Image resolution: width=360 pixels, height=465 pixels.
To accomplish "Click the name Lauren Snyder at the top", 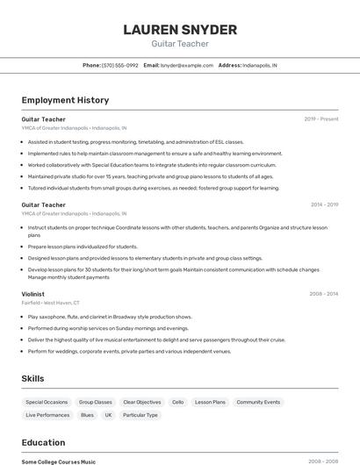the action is pyautogui.click(x=180, y=30).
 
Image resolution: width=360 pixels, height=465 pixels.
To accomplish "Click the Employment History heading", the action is pyautogui.click(x=65, y=100).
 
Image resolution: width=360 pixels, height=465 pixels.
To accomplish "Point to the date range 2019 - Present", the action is pyautogui.click(x=321, y=118).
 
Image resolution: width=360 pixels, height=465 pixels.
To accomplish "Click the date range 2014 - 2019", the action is pyautogui.click(x=324, y=204).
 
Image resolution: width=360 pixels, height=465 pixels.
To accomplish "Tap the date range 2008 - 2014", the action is pyautogui.click(x=324, y=294).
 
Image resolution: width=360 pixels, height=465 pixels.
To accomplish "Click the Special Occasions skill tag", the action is pyautogui.click(x=47, y=402).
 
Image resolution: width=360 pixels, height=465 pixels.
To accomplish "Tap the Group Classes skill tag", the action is pyautogui.click(x=96, y=402).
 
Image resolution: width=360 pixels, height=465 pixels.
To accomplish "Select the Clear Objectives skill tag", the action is pyautogui.click(x=141, y=402).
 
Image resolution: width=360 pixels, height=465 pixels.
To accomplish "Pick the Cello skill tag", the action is pyautogui.click(x=177, y=402).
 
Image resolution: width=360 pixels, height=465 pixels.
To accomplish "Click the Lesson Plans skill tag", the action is pyautogui.click(x=210, y=402).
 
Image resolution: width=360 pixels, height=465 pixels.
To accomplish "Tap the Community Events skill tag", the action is pyautogui.click(x=258, y=402).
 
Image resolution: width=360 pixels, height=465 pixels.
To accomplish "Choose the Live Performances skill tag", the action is pyautogui.click(x=47, y=415).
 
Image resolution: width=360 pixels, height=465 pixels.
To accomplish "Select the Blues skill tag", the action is pyautogui.click(x=87, y=415).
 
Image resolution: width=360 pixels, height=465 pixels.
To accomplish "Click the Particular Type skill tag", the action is pyautogui.click(x=140, y=415).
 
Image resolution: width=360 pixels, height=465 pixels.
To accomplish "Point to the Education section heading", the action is pyautogui.click(x=43, y=443).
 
